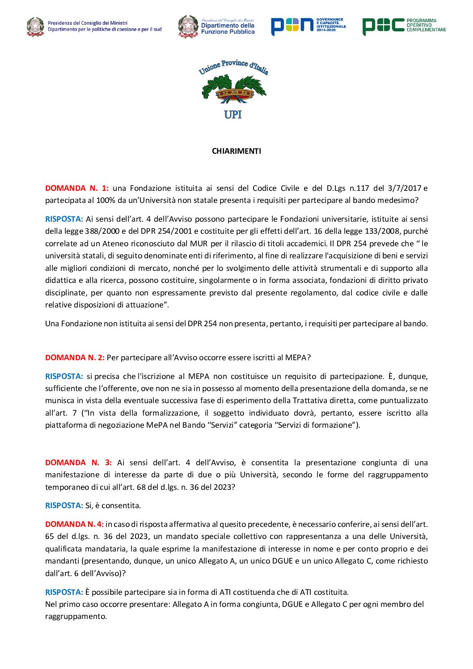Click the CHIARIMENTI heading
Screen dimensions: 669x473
236,151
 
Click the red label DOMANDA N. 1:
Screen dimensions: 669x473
76,188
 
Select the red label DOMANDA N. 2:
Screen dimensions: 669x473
75,358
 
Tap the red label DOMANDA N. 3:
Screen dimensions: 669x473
78,463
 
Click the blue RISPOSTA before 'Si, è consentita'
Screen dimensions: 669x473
64,505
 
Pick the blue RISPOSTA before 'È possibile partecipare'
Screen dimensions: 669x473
64,592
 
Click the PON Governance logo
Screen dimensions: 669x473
308,26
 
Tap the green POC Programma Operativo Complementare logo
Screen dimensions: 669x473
404,26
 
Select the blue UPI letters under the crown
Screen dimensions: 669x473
233,114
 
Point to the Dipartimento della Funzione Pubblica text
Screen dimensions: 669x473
228,29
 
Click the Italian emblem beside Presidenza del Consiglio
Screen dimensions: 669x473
35,26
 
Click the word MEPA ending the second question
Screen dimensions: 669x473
296,358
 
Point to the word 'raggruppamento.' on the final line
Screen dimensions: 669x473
76,616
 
